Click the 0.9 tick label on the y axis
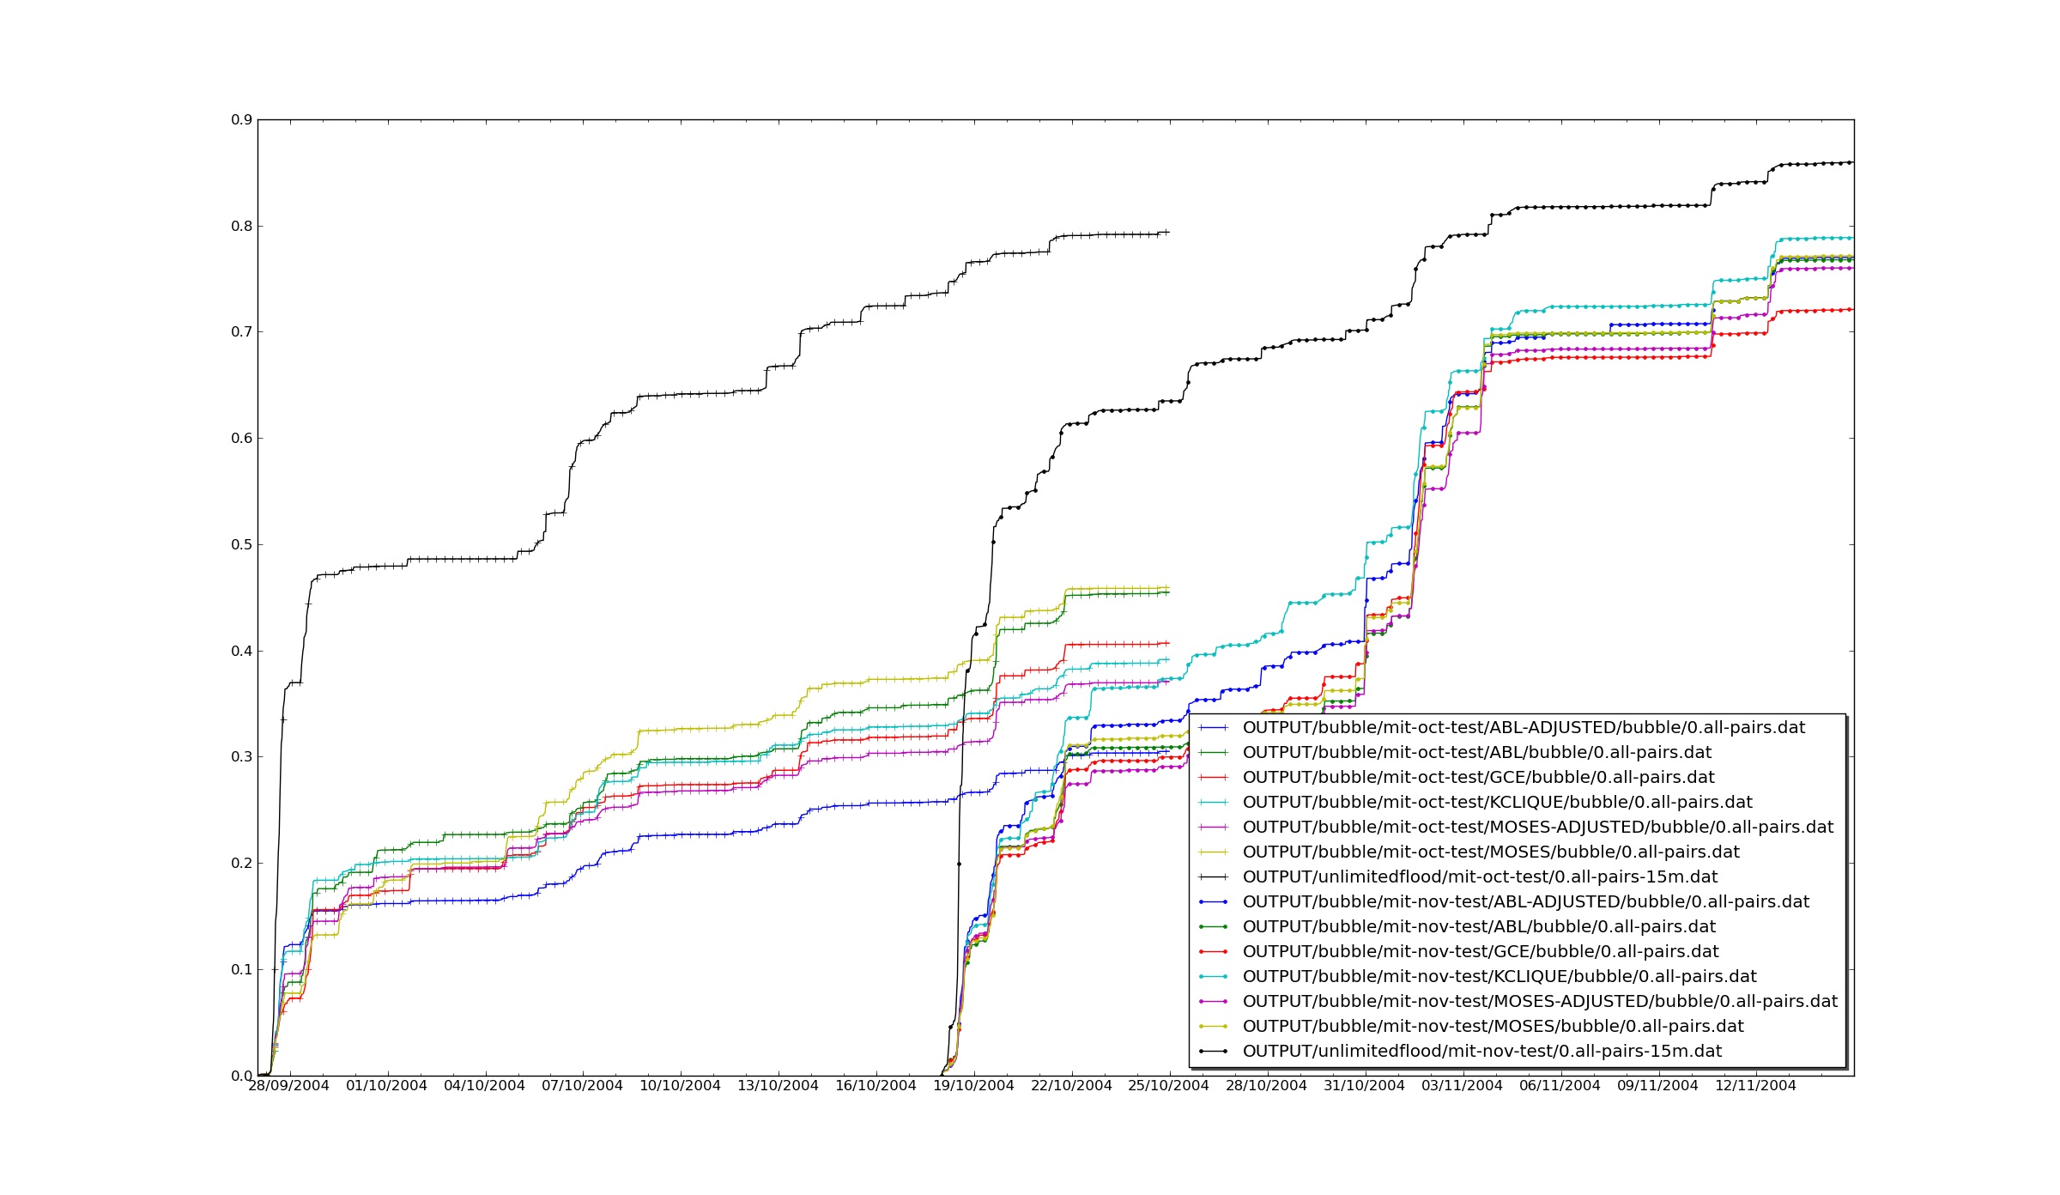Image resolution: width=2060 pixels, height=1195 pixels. point(241,120)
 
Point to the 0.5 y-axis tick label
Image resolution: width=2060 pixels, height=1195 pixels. point(241,545)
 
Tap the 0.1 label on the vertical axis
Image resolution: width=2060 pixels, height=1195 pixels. point(241,970)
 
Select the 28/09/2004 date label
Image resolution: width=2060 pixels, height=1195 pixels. point(289,1086)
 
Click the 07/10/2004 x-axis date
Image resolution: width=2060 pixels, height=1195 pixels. point(583,1086)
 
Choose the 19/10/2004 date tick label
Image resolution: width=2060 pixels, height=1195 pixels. point(973,1086)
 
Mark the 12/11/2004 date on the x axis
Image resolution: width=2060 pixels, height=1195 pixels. point(1755,1086)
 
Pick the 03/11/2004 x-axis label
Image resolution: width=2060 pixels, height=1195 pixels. point(1462,1086)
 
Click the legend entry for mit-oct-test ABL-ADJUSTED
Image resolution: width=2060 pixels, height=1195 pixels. point(1524,728)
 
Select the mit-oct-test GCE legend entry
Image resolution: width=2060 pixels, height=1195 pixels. point(1478,778)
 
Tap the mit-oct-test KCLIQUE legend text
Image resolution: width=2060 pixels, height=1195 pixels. point(1497,803)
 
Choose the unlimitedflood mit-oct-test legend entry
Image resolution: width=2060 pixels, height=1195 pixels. point(1480,877)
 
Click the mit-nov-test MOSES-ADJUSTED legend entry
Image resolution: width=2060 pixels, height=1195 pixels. point(1540,1002)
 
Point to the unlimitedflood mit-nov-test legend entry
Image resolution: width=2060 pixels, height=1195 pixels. point(1482,1052)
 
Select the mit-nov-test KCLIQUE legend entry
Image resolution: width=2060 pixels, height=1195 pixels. point(1500,977)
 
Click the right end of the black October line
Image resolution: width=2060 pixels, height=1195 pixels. point(1168,232)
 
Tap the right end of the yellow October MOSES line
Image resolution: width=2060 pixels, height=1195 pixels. point(1168,588)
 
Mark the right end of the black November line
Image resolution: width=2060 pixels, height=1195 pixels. point(1852,162)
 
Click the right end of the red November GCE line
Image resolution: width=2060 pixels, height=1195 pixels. point(1852,309)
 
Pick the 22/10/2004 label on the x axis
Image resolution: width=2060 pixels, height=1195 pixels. point(1071,1086)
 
